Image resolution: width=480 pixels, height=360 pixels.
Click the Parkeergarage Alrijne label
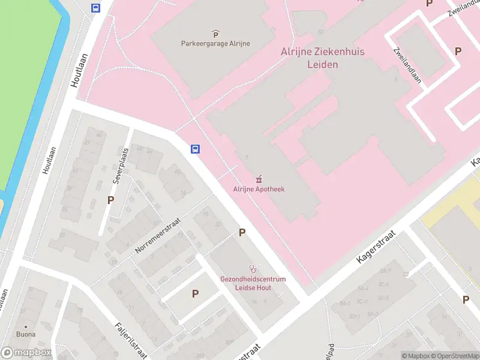click(215, 43)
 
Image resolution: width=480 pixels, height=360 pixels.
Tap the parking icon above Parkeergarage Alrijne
click(215, 33)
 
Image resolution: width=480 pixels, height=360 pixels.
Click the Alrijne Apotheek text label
click(259, 189)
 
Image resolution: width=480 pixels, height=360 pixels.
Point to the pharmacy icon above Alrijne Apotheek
click(259, 179)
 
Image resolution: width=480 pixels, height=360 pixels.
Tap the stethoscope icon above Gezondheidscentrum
click(254, 269)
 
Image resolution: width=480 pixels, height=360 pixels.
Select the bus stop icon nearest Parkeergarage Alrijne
click(95, 8)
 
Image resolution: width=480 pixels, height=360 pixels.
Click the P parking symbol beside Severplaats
click(110, 200)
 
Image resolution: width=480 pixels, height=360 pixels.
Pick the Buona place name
click(26, 334)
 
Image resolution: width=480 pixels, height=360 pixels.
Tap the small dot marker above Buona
click(26, 326)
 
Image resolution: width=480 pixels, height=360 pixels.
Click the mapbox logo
click(26, 353)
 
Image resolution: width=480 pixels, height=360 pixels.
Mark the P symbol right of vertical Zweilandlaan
click(458, 52)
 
